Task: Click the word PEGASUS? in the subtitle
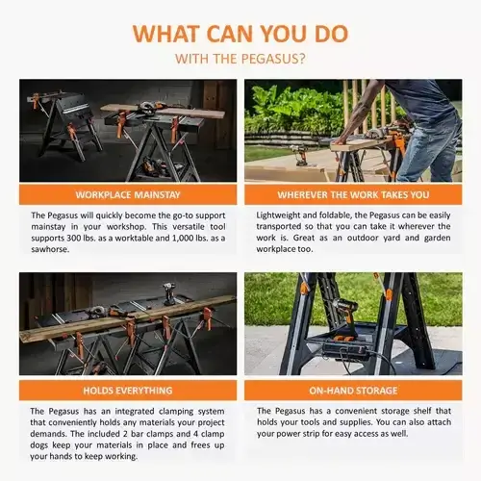(273, 59)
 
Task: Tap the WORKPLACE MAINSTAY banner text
(128, 195)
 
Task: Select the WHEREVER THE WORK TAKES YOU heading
(353, 195)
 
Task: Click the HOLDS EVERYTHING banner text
(128, 391)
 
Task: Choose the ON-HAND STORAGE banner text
(353, 391)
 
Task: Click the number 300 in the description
(74, 239)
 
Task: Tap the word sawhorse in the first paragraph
(49, 249)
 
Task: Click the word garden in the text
(438, 239)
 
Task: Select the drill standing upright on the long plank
(168, 293)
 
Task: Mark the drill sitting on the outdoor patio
(300, 155)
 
